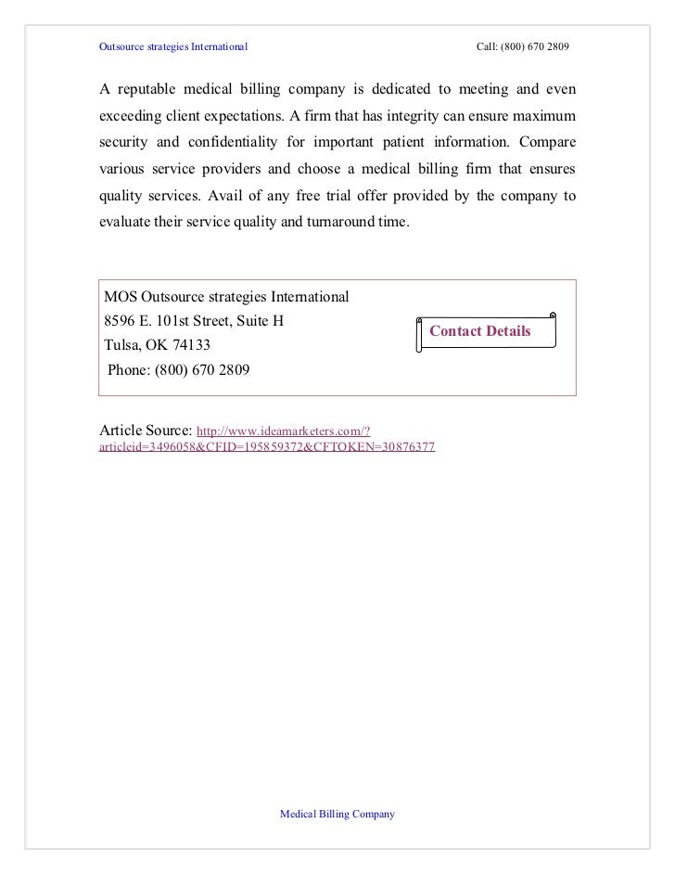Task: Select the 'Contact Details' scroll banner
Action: tap(486, 331)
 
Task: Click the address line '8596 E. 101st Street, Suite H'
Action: tap(195, 322)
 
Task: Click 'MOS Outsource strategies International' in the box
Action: tap(226, 298)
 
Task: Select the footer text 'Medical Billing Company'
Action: tap(337, 814)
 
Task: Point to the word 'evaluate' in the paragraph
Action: tap(126, 224)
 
